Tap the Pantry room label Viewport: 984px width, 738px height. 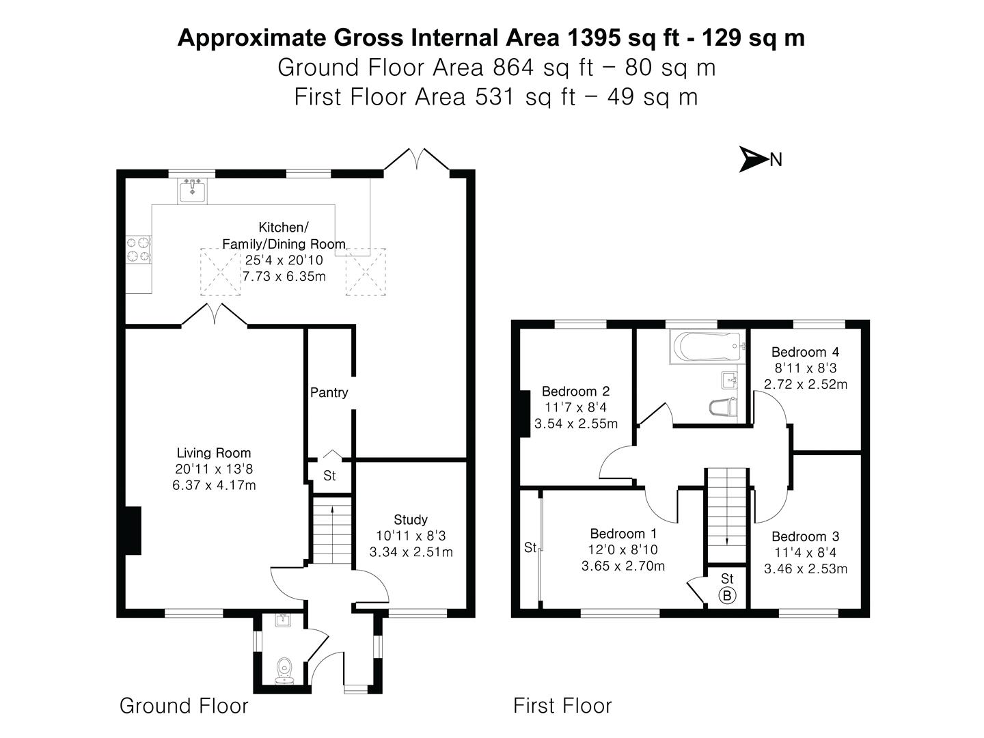[x=329, y=392]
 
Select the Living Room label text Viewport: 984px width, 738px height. [x=214, y=452]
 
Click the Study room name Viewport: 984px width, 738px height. [x=411, y=519]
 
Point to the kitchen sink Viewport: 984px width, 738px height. [x=193, y=190]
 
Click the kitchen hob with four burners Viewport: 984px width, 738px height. [x=139, y=249]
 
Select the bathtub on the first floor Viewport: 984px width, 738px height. [x=706, y=346]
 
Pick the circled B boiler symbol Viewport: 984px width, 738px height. [x=727, y=595]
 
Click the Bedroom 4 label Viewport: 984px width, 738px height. [x=805, y=352]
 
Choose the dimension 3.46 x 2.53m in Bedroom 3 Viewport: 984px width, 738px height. [x=806, y=569]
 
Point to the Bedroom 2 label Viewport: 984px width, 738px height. [x=575, y=391]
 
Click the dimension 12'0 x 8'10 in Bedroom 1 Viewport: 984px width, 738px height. [x=623, y=549]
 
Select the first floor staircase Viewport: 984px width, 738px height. [x=727, y=506]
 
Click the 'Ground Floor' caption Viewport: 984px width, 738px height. [x=184, y=705]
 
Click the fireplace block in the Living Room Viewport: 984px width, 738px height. [x=133, y=530]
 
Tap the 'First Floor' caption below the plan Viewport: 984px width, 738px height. [x=562, y=705]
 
